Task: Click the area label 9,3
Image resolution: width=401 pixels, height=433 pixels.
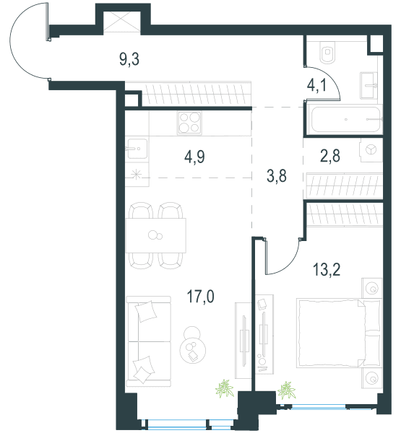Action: pos(129,59)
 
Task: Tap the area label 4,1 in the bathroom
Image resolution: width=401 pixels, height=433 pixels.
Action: pos(316,85)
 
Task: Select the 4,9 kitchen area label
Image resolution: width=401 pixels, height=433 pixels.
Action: pos(194,157)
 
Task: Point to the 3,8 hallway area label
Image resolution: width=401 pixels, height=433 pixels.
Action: pos(277,176)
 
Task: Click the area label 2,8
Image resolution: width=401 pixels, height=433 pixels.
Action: pos(330,156)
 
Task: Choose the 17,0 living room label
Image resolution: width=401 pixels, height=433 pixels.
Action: pos(201,297)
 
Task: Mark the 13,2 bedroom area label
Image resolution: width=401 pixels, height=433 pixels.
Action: pos(327,269)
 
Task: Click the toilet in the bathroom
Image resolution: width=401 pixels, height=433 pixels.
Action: pos(328,53)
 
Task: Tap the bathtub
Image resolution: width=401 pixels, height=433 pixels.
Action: pos(345,120)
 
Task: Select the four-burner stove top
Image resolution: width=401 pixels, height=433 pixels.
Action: pos(190,123)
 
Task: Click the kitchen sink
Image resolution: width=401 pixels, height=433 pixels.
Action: pos(137,149)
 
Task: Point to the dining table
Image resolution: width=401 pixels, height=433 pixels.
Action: pos(155,235)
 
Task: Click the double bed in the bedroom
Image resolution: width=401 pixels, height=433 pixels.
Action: pos(338,333)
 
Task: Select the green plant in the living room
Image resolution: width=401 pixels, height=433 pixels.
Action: pos(225,388)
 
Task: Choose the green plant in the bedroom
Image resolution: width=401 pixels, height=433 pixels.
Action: pos(287,390)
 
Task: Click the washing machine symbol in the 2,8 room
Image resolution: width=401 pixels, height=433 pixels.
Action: pos(371,149)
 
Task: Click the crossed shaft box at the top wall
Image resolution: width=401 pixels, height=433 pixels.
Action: pos(122,22)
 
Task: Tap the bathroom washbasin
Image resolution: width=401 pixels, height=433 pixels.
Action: pos(368,85)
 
